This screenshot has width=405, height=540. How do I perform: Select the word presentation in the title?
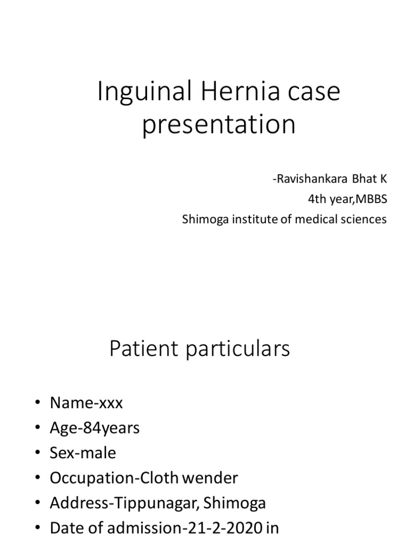219,126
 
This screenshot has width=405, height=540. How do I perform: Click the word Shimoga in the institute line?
202,219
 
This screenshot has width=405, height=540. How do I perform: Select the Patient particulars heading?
199,349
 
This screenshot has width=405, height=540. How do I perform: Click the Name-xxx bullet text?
86,403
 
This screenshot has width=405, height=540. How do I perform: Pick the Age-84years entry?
94,428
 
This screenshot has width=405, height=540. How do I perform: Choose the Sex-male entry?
83,453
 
